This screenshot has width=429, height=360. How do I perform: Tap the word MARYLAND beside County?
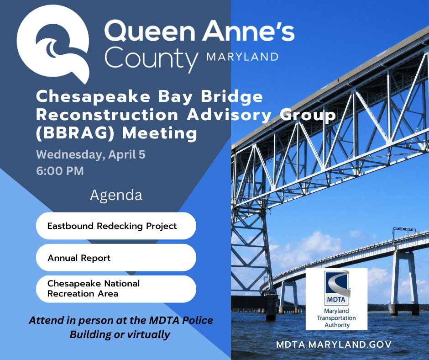[x=242, y=57]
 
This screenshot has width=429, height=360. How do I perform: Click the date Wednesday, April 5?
[x=90, y=155]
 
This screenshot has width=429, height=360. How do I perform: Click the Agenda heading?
[x=116, y=196]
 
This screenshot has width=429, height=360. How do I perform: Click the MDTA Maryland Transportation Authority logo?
[x=336, y=299]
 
